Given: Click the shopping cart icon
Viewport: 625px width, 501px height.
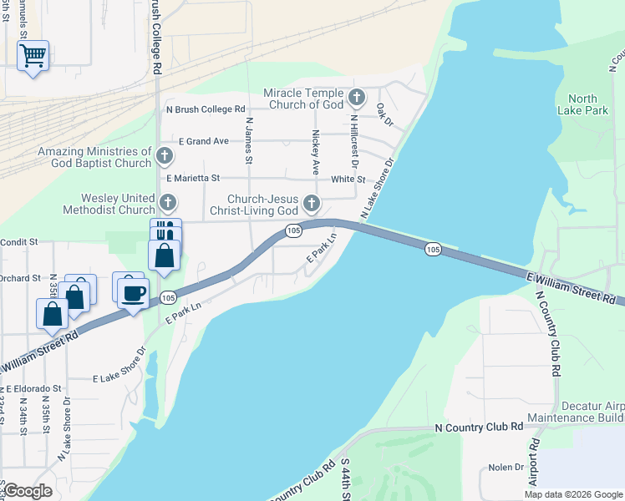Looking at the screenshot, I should (33, 56).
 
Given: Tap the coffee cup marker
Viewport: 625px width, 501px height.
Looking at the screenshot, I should (133, 293).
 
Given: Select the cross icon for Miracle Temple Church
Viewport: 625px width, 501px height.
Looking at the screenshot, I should (357, 99).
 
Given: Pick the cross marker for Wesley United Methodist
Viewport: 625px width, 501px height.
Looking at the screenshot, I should (168, 202).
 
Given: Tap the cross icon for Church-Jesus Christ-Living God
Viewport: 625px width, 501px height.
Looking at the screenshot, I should (312, 203).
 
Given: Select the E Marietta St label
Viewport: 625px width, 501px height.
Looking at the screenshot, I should (192, 178).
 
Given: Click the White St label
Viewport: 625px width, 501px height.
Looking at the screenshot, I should (348, 179).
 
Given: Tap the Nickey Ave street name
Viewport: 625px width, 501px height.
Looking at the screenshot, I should (316, 146).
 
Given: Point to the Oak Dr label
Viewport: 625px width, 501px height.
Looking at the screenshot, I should (384, 114).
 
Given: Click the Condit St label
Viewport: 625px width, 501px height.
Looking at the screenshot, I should (19, 241).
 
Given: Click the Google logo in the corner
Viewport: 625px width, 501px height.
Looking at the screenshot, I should (28, 491).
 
